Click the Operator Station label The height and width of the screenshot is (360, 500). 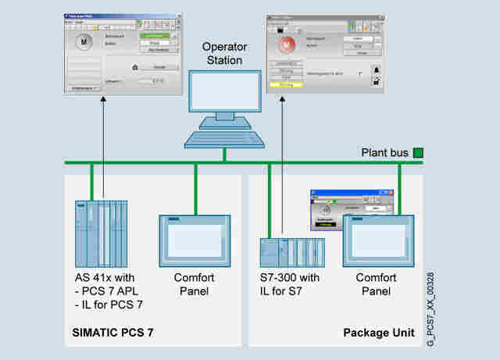coord(223,54)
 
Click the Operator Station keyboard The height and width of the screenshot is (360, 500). coord(223,138)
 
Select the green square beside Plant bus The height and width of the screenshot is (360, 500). coord(418,152)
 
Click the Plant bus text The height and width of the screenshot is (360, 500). coord(385,152)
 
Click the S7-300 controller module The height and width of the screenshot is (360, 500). coord(291,255)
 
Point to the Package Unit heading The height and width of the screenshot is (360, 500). coord(378,333)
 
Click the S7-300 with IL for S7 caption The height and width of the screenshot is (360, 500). coord(289,285)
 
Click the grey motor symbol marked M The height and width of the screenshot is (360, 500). coord(84,42)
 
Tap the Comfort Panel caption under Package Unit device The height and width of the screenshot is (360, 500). coord(377,285)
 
